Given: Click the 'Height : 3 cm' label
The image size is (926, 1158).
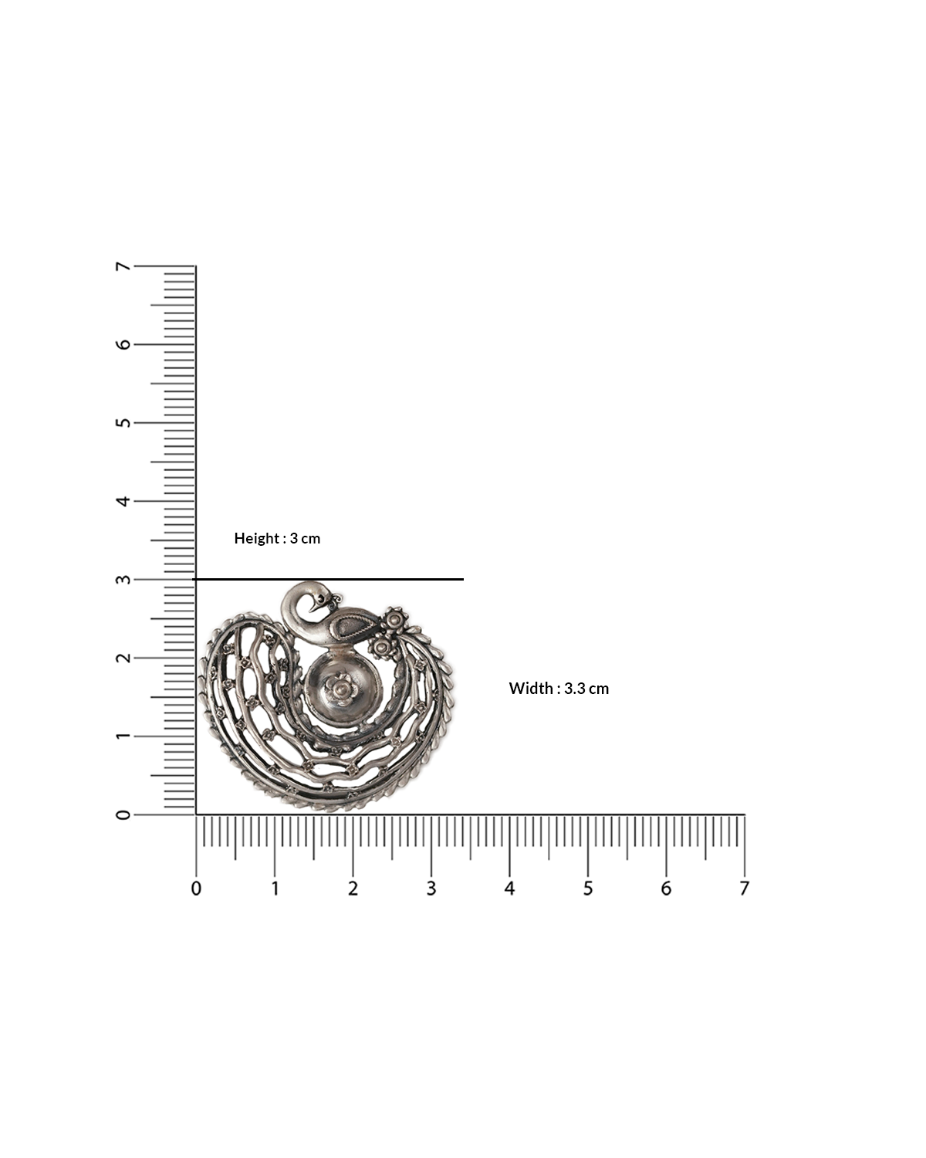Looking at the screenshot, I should coord(277,539).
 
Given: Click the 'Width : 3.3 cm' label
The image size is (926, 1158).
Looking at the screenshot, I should coord(559,689).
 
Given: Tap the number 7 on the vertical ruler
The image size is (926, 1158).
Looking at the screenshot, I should coord(123,266).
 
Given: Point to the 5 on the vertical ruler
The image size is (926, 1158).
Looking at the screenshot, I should coord(123,423).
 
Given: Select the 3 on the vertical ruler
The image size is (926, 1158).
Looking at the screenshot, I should coord(123,580).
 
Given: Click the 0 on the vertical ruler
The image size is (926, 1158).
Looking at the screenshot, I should coord(123,814).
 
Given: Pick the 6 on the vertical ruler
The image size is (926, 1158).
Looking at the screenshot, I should coord(123,344).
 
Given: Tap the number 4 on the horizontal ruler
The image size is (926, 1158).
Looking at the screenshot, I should coord(509,889).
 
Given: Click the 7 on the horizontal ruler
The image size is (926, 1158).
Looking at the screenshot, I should coord(744,889).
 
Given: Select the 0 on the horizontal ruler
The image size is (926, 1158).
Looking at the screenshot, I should coord(196,889).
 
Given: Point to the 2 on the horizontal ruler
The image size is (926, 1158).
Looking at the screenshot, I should coord(353,889).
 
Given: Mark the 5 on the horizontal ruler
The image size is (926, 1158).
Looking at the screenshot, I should coord(588,889).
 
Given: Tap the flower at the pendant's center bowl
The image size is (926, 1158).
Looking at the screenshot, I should coord(338,685).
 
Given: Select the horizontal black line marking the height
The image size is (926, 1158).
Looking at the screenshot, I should coord(328,579).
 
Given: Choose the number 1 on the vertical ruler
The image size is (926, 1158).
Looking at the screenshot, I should coord(123,736).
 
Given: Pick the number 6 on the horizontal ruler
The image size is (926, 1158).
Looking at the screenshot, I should coord(666,889).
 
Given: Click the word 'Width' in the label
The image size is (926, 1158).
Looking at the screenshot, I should coord(529,689).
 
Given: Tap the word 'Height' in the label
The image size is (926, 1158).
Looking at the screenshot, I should coord(257,539).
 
